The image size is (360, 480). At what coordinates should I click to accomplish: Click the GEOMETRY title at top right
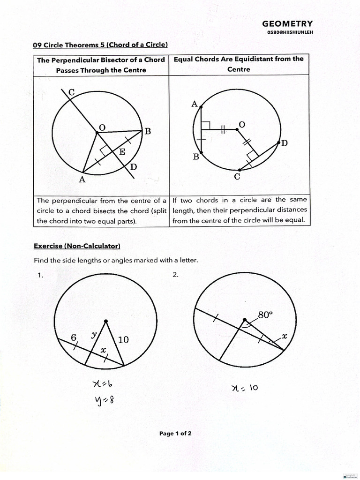tap(287, 24)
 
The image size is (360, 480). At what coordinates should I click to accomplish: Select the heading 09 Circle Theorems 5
tap(100, 45)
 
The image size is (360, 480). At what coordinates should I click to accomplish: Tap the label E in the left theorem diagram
tap(122, 151)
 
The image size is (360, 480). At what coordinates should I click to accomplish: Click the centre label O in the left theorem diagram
tap(102, 127)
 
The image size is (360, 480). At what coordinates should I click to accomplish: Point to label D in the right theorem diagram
tap(284, 143)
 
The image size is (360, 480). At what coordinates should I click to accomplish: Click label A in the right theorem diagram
tap(194, 104)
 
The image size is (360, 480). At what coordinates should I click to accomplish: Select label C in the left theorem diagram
tap(71, 92)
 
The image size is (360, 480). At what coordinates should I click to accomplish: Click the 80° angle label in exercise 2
tap(265, 315)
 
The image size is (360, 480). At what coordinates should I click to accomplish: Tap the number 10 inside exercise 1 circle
tap(123, 340)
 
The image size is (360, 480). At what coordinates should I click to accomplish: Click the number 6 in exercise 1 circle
tap(74, 337)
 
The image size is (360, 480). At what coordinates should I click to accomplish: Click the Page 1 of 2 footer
tap(175, 434)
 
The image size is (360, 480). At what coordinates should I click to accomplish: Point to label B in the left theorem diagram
tap(147, 131)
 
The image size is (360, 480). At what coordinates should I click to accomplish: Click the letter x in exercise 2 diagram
tap(284, 337)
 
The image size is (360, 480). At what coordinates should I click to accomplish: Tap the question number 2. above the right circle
tap(175, 275)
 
